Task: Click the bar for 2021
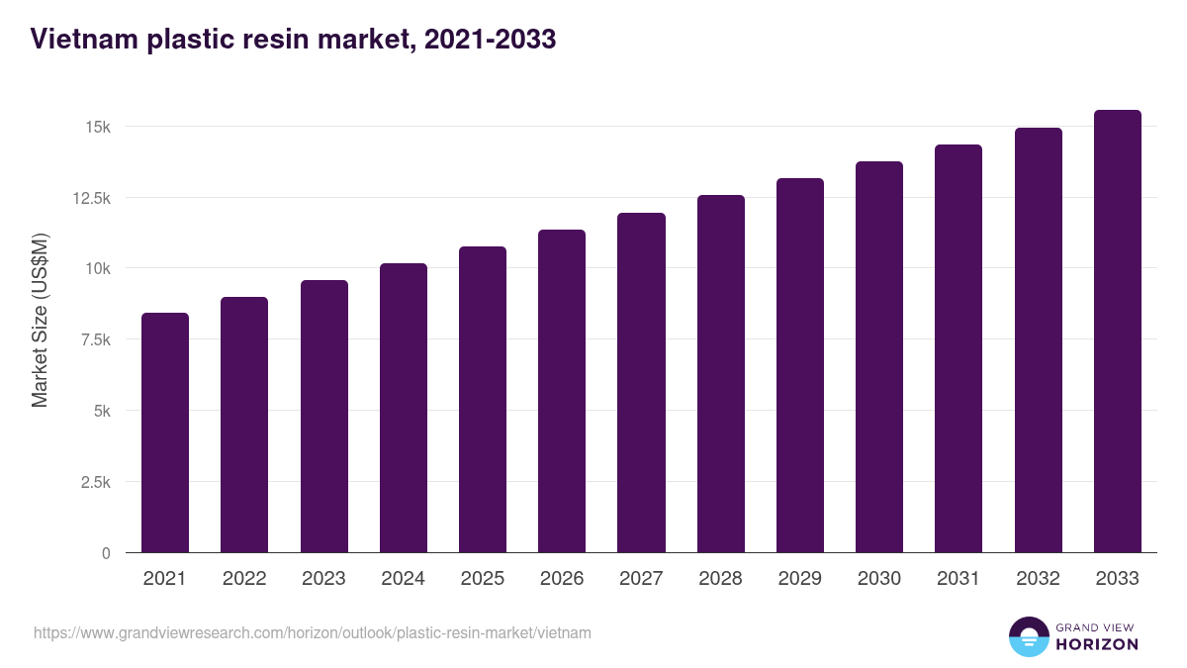(x=165, y=432)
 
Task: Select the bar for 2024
(x=403, y=408)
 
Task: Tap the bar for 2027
(x=641, y=383)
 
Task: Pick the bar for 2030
(x=879, y=357)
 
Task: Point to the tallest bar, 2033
(x=1117, y=332)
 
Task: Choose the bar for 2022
(x=244, y=425)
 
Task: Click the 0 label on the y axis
(x=106, y=553)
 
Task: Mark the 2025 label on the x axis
(x=482, y=579)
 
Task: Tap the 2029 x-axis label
(x=799, y=579)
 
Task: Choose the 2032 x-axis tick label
(x=1038, y=579)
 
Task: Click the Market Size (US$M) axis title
(x=40, y=321)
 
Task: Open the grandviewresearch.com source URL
(x=313, y=632)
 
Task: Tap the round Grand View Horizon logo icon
(x=1029, y=636)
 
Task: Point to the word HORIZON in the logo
(x=1098, y=644)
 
